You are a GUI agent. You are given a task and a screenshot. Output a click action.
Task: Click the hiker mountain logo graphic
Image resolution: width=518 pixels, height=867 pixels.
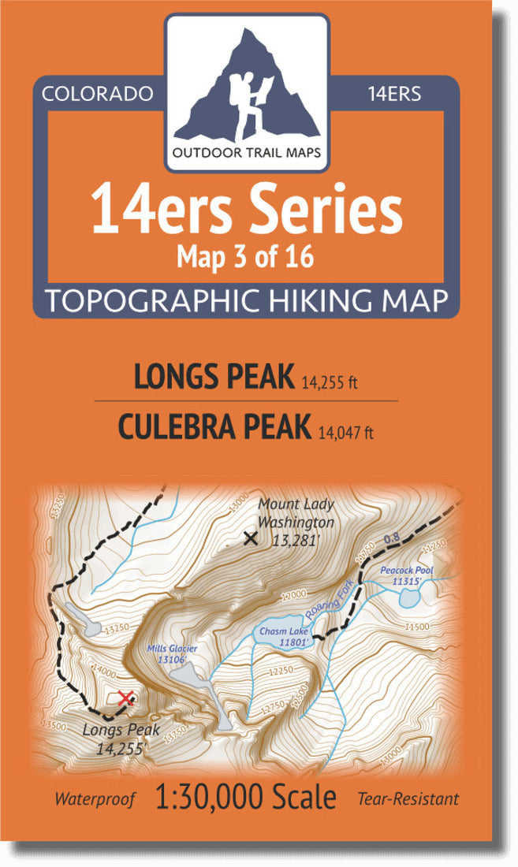click(x=247, y=87)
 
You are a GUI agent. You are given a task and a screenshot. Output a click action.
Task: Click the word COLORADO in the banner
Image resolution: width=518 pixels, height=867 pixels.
click(x=97, y=95)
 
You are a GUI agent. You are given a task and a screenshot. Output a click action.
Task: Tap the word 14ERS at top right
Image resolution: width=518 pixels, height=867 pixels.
click(x=394, y=95)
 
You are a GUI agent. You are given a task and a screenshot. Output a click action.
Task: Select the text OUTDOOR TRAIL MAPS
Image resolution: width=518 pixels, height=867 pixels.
click(x=247, y=153)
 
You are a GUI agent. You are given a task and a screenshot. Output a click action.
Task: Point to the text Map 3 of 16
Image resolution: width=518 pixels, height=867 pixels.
click(x=247, y=258)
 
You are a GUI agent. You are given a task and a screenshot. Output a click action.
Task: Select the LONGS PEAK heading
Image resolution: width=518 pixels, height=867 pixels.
click(x=213, y=378)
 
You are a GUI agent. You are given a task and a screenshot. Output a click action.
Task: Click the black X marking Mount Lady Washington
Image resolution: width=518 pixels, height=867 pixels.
click(x=251, y=539)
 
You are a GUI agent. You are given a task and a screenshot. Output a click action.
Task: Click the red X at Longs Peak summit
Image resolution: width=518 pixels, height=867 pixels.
click(x=125, y=698)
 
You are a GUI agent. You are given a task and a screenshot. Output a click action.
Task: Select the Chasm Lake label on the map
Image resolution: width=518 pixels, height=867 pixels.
click(x=281, y=636)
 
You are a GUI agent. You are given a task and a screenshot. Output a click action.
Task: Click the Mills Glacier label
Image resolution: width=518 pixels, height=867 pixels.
click(x=171, y=654)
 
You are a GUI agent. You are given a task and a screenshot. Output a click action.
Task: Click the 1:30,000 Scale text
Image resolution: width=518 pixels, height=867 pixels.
click(x=247, y=798)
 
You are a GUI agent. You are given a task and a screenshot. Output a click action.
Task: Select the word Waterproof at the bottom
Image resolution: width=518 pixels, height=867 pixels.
click(x=95, y=799)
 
